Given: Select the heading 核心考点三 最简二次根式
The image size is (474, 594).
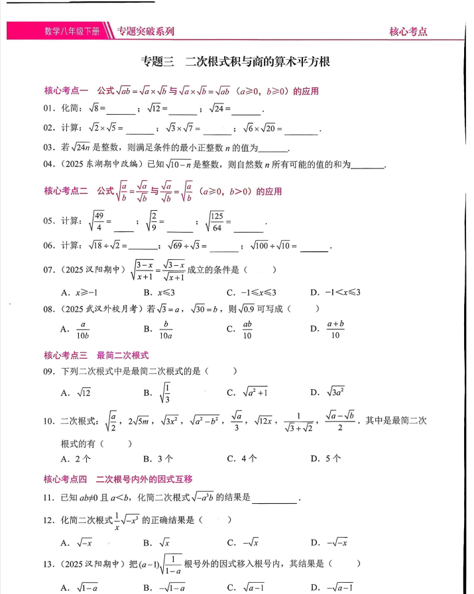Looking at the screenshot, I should [96, 355].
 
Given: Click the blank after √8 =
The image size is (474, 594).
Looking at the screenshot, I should [120, 109].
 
